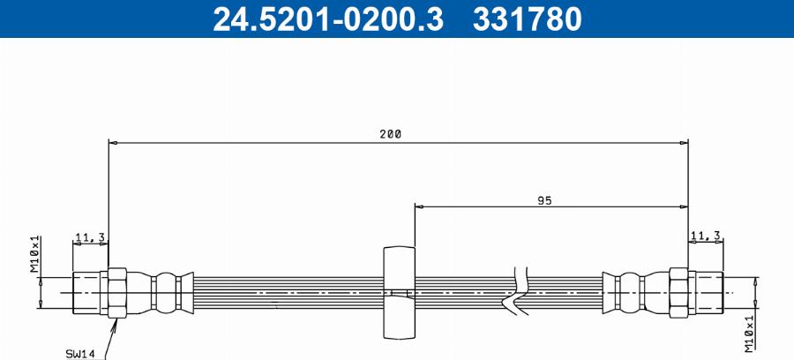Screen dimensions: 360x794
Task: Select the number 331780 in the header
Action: [x=528, y=19]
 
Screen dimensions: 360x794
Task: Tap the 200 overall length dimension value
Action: [x=391, y=134]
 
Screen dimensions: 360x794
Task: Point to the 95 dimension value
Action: [x=543, y=200]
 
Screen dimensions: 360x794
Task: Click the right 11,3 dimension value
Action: [x=707, y=235]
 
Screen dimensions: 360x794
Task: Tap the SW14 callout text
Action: [x=80, y=353]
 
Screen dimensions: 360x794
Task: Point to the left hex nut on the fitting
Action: [x=117, y=291]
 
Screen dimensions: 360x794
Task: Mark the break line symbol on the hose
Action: [x=516, y=290]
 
